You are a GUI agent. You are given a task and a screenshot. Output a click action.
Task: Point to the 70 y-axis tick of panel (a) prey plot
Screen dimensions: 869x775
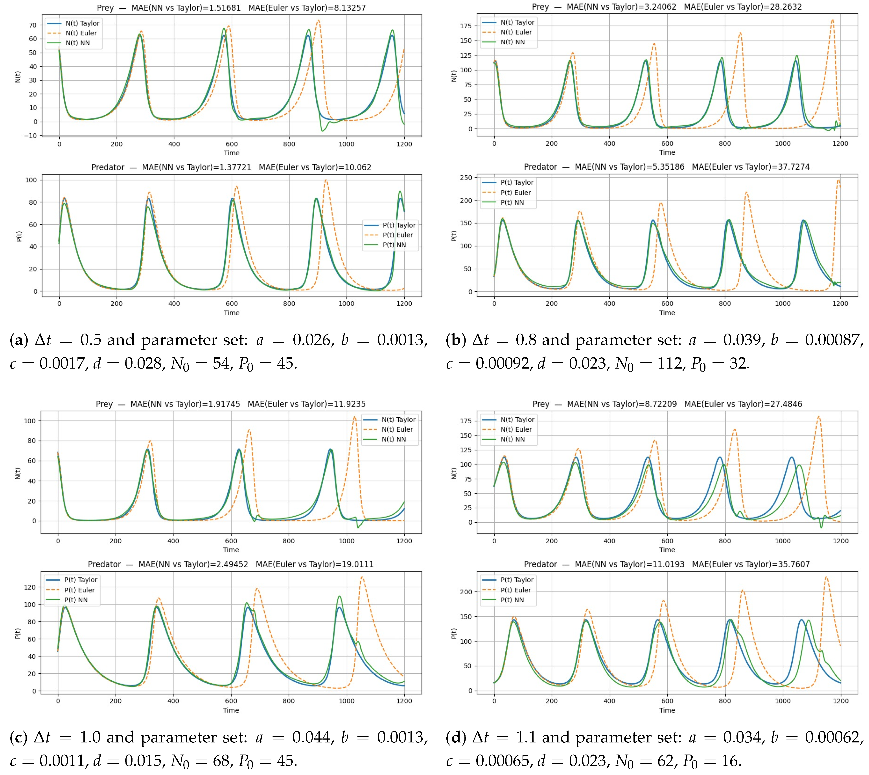(33, 25)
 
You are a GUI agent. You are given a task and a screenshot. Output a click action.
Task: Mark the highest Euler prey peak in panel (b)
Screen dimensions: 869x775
(832, 20)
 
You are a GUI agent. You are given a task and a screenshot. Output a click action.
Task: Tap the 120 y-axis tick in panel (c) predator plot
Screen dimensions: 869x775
(30, 587)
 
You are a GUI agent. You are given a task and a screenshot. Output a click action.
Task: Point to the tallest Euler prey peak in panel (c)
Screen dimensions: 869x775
(354, 417)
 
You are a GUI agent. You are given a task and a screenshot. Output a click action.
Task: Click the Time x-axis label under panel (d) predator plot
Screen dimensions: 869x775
(667, 710)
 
